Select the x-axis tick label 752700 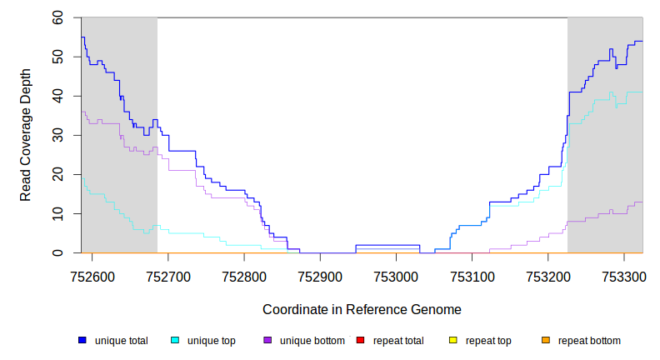point(168,275)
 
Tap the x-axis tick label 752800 point(244,275)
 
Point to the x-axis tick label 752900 point(320,275)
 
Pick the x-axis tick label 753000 point(396,275)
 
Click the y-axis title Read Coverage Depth point(26,135)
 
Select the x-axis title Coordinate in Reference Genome point(362,309)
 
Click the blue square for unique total point(82,340)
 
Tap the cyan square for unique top point(175,340)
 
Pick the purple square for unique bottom point(267,340)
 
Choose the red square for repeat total point(360,340)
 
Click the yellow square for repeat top point(453,340)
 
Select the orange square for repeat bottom point(546,340)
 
